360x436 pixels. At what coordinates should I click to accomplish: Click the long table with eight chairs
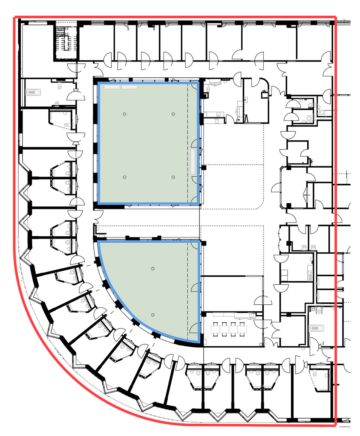(227, 329)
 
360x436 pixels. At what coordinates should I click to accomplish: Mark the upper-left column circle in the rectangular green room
(124, 114)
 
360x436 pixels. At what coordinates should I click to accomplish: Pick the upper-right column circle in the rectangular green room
(173, 114)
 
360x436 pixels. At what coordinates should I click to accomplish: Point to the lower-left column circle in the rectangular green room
(124, 177)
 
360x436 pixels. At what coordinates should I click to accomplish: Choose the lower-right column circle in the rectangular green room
(173, 177)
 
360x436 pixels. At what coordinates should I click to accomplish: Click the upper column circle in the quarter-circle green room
(153, 268)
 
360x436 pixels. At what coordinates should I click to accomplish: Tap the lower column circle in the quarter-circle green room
(153, 315)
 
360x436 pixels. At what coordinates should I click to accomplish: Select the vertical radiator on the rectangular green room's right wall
(193, 161)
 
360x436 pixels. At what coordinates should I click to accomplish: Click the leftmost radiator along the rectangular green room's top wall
(112, 87)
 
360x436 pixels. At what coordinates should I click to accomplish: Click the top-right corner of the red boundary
(336, 17)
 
